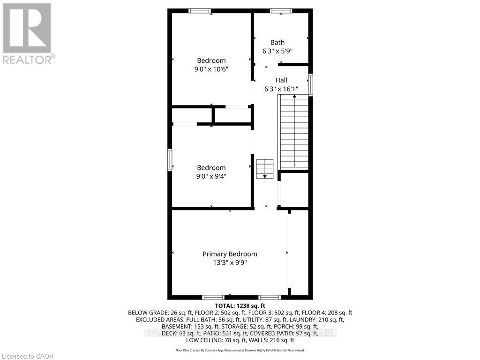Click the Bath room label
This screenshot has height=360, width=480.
(x=277, y=43)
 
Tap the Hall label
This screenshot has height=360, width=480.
(x=281, y=80)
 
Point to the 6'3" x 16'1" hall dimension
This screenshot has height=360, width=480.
(x=281, y=89)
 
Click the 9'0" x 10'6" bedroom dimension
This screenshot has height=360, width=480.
(x=211, y=69)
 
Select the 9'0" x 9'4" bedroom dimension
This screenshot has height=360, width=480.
(x=211, y=176)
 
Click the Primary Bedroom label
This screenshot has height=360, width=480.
(x=230, y=254)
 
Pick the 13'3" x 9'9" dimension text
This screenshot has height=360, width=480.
(x=230, y=262)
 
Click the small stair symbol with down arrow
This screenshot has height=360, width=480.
(x=264, y=169)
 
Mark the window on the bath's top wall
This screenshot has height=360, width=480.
(x=281, y=11)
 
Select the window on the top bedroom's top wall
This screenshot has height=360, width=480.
(x=199, y=11)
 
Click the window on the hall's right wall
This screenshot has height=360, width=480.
(x=310, y=85)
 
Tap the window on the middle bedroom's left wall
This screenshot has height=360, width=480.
(x=170, y=160)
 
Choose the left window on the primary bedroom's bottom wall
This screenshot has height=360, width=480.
(x=213, y=297)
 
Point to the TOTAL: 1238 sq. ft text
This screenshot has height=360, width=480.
(x=240, y=306)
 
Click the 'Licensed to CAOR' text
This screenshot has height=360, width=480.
(x=27, y=356)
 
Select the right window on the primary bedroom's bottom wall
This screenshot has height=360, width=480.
(x=270, y=297)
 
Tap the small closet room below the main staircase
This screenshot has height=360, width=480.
(x=294, y=190)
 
